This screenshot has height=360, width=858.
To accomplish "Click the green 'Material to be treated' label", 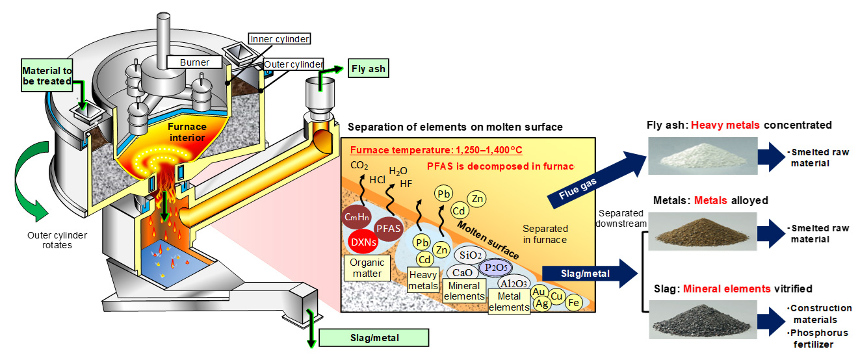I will pos(47,75).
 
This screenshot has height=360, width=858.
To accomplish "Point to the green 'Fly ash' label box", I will pos(369,68).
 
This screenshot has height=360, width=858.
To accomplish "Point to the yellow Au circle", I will pos(539,292).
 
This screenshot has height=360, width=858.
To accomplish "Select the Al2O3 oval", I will pos(512,283).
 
